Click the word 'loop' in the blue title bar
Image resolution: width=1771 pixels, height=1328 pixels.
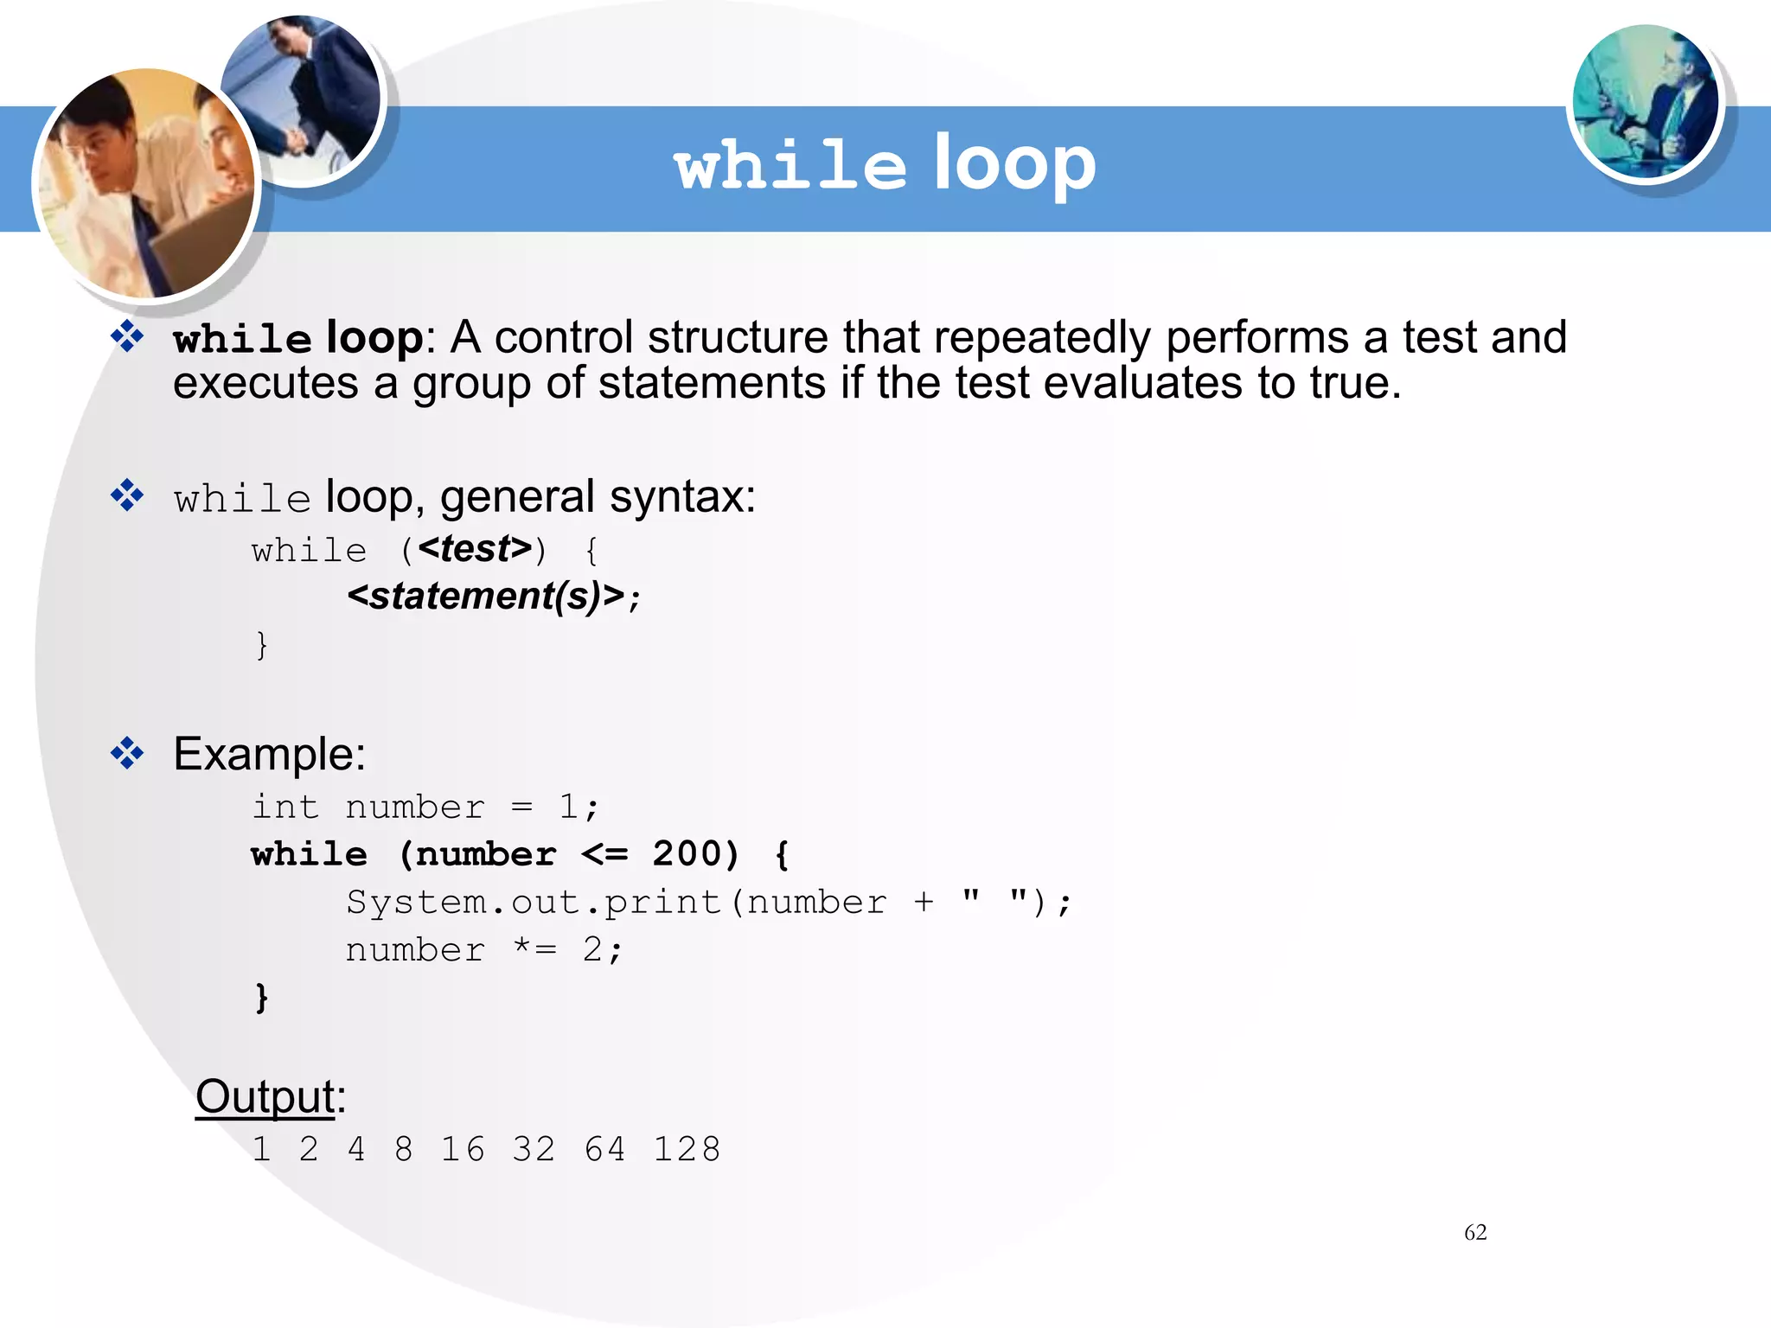(x=1014, y=164)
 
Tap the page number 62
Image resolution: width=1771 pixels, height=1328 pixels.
(x=1475, y=1232)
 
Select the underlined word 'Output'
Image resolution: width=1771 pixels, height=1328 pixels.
(x=265, y=1096)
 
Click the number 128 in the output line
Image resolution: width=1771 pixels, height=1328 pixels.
(x=687, y=1149)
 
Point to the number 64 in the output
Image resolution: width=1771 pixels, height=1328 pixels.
(x=604, y=1149)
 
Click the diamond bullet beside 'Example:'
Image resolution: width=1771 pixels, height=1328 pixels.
(x=127, y=753)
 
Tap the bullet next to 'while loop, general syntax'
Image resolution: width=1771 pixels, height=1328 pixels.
(x=127, y=495)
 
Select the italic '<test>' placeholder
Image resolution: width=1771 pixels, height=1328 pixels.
(x=475, y=549)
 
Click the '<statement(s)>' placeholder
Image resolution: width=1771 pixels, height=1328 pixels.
(x=485, y=596)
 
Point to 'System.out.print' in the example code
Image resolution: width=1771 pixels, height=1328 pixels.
(x=534, y=902)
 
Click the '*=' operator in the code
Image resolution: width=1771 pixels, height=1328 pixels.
(x=534, y=948)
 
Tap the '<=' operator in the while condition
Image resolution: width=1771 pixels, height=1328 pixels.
(x=604, y=854)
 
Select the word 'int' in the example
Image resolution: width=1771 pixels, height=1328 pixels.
(x=285, y=807)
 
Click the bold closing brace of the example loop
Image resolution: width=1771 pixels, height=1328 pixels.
(x=261, y=997)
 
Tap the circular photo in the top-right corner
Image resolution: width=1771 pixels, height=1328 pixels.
(x=1645, y=102)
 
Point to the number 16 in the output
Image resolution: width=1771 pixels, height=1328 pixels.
(x=463, y=1149)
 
